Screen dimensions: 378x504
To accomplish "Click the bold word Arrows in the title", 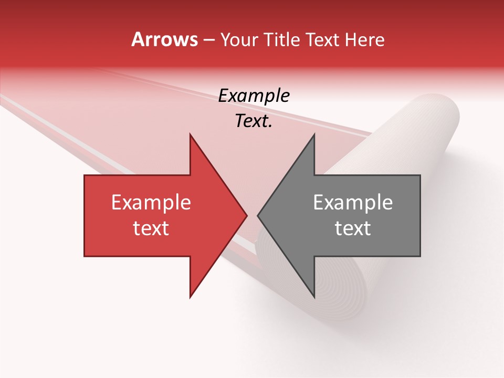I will tap(165, 39).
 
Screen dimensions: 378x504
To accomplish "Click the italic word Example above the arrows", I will tap(254, 96).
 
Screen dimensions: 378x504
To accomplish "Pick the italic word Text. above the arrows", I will tap(254, 121).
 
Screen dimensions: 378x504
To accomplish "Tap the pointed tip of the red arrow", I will tap(247, 215).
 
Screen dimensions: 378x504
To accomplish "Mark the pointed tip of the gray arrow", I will tap(258, 215).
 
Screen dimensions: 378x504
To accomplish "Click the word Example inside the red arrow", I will tap(151, 203).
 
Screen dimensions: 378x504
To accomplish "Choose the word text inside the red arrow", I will tap(151, 228).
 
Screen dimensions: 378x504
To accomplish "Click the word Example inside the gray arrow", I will tap(353, 203).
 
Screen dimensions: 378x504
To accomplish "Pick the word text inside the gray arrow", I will tap(353, 228).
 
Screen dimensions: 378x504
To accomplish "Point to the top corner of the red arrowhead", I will tap(190, 134).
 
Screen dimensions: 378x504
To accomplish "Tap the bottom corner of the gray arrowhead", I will tap(314, 297).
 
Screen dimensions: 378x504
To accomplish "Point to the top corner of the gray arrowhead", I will tap(314, 134).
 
